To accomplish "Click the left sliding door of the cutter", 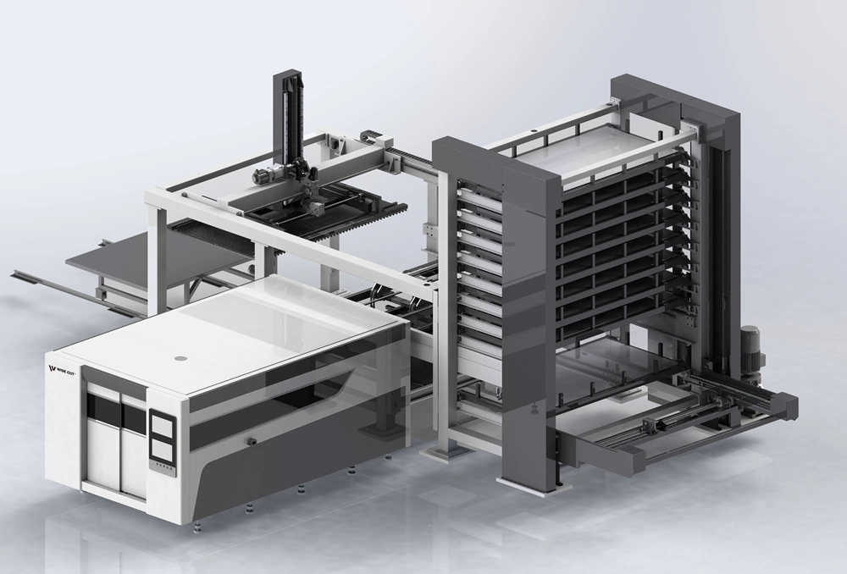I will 101,445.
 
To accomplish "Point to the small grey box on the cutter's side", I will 251,440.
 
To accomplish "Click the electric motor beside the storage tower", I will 751,349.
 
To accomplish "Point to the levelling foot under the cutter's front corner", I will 198,524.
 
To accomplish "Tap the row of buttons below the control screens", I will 160,465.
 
